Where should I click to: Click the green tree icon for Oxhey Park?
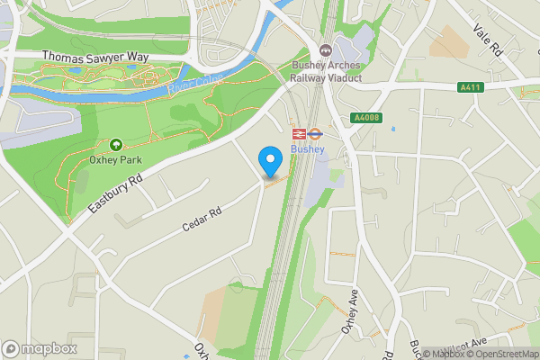pos(115,144)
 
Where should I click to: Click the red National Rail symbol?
pos(299,133)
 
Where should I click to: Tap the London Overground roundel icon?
pos(315,133)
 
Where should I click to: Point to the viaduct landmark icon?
pos(325,49)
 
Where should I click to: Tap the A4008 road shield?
pos(364,116)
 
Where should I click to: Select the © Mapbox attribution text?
pos(443,354)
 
